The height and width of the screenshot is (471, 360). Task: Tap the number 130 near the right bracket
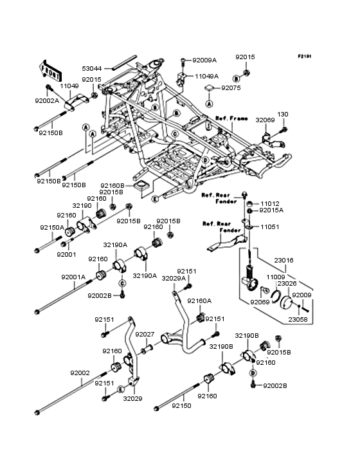[x=283, y=114]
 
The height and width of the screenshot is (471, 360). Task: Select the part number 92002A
[x=47, y=100]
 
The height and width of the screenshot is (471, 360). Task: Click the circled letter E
[x=155, y=199]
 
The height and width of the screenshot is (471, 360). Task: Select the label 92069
[x=260, y=302]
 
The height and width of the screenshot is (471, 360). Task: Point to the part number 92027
[x=145, y=334]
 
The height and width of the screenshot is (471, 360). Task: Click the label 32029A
[x=173, y=279]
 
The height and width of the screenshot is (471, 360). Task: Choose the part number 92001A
[x=73, y=277]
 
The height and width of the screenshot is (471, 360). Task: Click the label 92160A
[x=199, y=300]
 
